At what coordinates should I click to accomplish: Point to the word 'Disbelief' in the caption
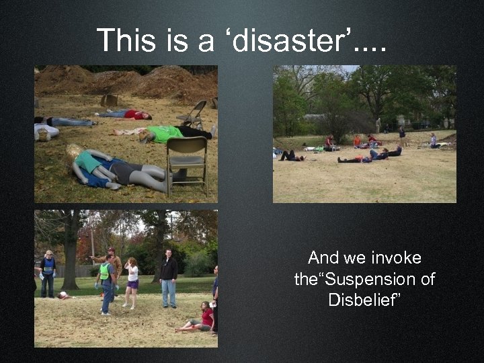point(364,300)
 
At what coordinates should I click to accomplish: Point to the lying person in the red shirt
point(134,115)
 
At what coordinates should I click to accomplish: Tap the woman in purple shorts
point(132,282)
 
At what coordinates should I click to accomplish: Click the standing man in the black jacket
point(169,276)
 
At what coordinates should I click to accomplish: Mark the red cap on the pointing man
point(111,250)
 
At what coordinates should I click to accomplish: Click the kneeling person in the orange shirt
point(357,141)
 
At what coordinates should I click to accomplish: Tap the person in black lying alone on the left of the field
point(291,156)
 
